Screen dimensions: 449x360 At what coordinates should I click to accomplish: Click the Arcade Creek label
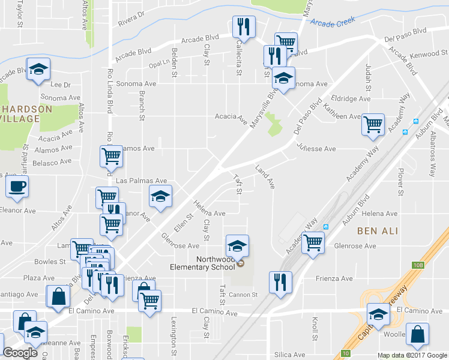coord(333,22)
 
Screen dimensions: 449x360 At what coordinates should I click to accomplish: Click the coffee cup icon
coord(17,186)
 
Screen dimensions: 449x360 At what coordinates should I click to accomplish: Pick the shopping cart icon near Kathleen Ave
coord(373,125)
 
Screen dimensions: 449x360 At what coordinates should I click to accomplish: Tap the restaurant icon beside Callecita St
coord(244,26)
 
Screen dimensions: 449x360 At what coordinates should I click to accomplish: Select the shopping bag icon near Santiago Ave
coord(58,296)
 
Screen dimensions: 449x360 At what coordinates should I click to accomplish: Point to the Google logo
coord(20,353)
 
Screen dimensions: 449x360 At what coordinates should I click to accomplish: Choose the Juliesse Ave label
coord(316,148)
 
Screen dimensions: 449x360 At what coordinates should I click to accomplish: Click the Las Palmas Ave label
coord(141,181)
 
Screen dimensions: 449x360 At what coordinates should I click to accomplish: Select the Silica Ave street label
coord(290,355)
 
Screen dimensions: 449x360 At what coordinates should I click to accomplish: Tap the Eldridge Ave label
coord(351,98)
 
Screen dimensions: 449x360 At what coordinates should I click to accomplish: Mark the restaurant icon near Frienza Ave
coord(280,282)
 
